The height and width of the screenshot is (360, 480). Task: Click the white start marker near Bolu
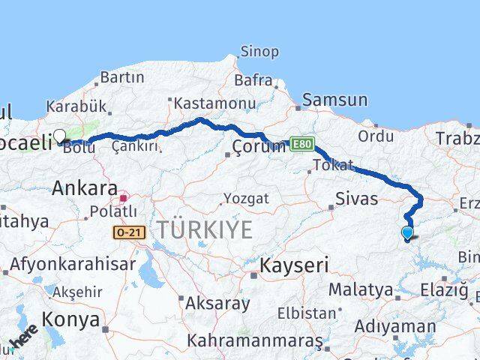(60, 136)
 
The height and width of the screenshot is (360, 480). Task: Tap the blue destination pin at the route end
(407, 233)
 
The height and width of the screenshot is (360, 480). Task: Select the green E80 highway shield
(301, 144)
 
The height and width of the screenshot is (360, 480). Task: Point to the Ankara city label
(84, 188)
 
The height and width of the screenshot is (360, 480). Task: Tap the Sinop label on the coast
(259, 52)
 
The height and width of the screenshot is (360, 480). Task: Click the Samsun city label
(334, 100)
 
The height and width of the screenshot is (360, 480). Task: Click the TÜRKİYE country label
(203, 229)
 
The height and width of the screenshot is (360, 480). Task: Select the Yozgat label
(244, 199)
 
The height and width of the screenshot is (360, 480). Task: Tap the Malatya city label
(360, 289)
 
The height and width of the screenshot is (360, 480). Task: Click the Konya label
(71, 320)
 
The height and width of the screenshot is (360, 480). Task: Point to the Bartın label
(121, 76)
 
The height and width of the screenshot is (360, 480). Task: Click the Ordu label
(376, 136)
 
